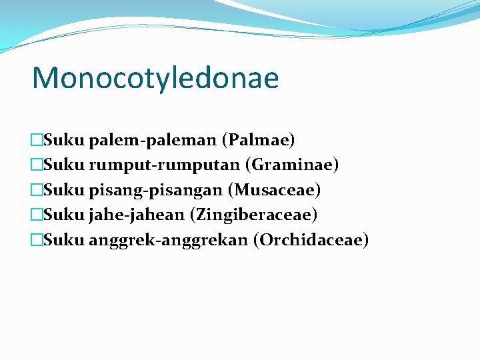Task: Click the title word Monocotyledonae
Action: click(155, 78)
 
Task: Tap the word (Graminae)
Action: click(292, 165)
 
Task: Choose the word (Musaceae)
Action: click(274, 190)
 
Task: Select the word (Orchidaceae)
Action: click(311, 240)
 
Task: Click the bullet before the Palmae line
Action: click(37, 141)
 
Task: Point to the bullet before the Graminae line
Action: click(37, 165)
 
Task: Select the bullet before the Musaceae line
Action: click(37, 191)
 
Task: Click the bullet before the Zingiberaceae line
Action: click(37, 215)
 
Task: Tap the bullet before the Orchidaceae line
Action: click(37, 241)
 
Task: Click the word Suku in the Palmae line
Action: click(64, 140)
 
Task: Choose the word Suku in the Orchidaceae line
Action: click(64, 240)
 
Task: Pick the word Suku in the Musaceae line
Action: click(64, 190)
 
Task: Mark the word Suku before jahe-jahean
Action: click(64, 215)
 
